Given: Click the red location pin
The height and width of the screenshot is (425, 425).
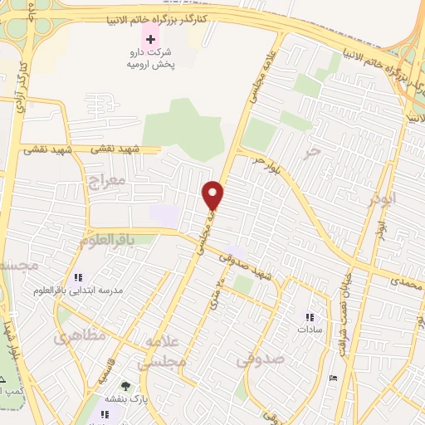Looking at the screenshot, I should point(213,195).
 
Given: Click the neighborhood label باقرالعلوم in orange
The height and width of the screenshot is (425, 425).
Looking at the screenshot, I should point(106,239).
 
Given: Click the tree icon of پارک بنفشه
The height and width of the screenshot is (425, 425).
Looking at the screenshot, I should point(125,386).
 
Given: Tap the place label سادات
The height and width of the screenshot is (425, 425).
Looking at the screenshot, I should point(309,329).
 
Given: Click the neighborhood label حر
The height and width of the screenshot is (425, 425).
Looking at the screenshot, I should point(311,151).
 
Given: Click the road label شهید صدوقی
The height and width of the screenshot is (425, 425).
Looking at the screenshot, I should point(246,267).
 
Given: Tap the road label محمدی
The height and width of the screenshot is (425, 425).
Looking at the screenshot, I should point(406,283).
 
